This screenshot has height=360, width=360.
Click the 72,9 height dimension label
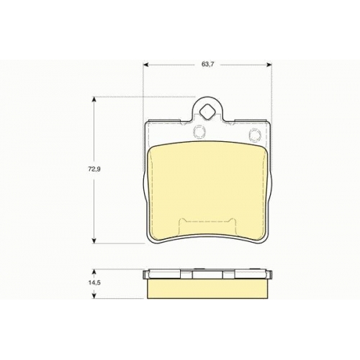point(94,169)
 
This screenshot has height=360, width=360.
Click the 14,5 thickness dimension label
point(94,282)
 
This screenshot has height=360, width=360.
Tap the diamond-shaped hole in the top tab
point(207,112)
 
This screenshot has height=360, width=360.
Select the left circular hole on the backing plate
point(199,132)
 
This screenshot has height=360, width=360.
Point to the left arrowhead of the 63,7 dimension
point(145,64)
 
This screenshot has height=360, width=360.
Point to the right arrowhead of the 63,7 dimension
point(269,64)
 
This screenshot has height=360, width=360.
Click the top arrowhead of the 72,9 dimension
point(94,99)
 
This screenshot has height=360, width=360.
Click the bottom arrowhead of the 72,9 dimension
point(94,240)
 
